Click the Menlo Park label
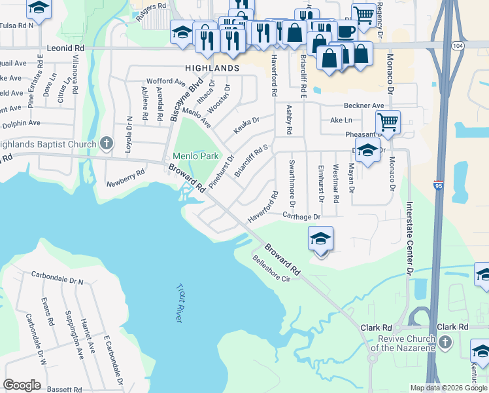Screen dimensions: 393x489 pyautogui.click(x=195, y=157)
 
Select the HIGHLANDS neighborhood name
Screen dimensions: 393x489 pyautogui.click(x=212, y=68)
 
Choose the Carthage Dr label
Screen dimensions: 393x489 pyautogui.click(x=301, y=216)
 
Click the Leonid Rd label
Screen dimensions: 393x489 pyautogui.click(x=66, y=48)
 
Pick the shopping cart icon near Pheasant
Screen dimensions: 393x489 pyautogui.click(x=388, y=121)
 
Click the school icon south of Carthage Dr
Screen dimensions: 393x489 pyautogui.click(x=320, y=238)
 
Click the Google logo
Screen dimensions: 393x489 pyautogui.click(x=22, y=385)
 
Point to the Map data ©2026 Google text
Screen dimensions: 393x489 pyautogui.click(x=448, y=388)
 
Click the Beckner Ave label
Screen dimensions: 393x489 pyautogui.click(x=364, y=105)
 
